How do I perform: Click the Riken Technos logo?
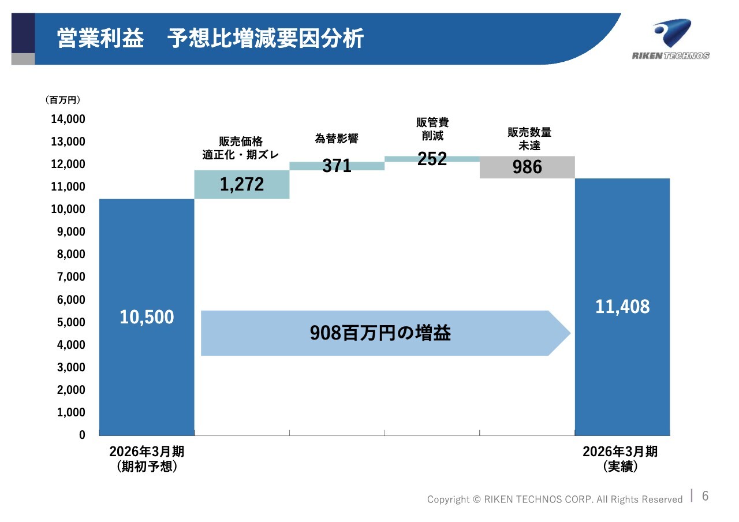click(671, 39)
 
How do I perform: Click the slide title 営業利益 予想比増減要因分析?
click(210, 38)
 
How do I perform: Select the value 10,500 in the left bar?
click(147, 317)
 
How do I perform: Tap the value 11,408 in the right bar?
click(622, 307)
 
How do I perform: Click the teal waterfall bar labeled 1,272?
click(242, 184)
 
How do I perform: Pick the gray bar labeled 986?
click(527, 167)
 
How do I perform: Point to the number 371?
click(337, 166)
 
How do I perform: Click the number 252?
click(432, 159)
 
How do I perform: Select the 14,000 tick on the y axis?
click(68, 119)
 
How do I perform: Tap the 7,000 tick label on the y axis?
click(71, 277)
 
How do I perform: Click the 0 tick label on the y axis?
click(82, 435)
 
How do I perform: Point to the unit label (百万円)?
click(63, 100)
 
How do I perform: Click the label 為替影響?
click(337, 138)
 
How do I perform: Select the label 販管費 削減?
click(432, 129)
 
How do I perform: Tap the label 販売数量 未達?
click(529, 139)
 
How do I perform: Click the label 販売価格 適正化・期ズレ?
click(241, 148)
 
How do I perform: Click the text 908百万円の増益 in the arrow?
click(380, 333)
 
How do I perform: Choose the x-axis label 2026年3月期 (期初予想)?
click(147, 459)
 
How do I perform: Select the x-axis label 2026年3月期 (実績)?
click(620, 459)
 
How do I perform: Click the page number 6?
click(706, 496)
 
